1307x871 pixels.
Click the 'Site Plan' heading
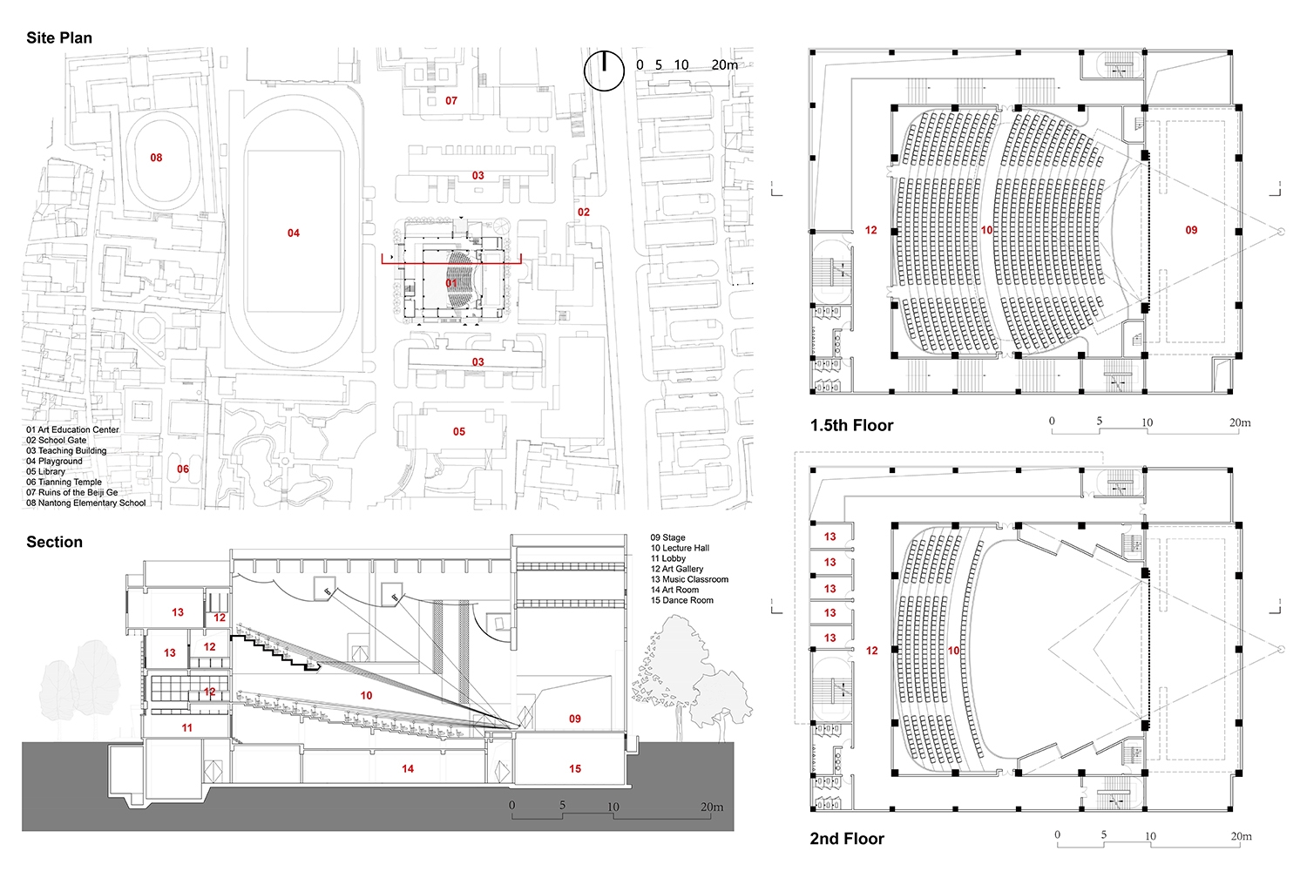[x=59, y=38]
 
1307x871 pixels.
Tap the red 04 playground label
[x=294, y=233]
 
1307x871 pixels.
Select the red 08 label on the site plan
[x=156, y=158]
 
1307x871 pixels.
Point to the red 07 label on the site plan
[x=451, y=101]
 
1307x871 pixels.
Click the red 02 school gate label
[x=584, y=212]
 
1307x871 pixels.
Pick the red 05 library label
[x=459, y=431]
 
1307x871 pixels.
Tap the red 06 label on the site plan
[x=183, y=469]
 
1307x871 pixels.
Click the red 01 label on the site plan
[x=451, y=283]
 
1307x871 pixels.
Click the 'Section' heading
[x=54, y=542]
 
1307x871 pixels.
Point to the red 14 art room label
[x=408, y=769]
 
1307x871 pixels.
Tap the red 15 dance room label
[x=575, y=769]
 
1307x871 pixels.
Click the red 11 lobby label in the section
[x=187, y=727]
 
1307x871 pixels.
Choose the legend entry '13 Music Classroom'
[x=689, y=579]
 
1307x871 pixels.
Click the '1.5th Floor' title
[x=851, y=425]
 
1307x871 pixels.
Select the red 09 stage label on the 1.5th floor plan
[x=1191, y=230]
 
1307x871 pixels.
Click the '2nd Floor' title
[x=847, y=839]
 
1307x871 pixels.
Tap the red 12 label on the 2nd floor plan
[x=871, y=651]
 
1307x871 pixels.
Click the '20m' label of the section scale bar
[x=712, y=807]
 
